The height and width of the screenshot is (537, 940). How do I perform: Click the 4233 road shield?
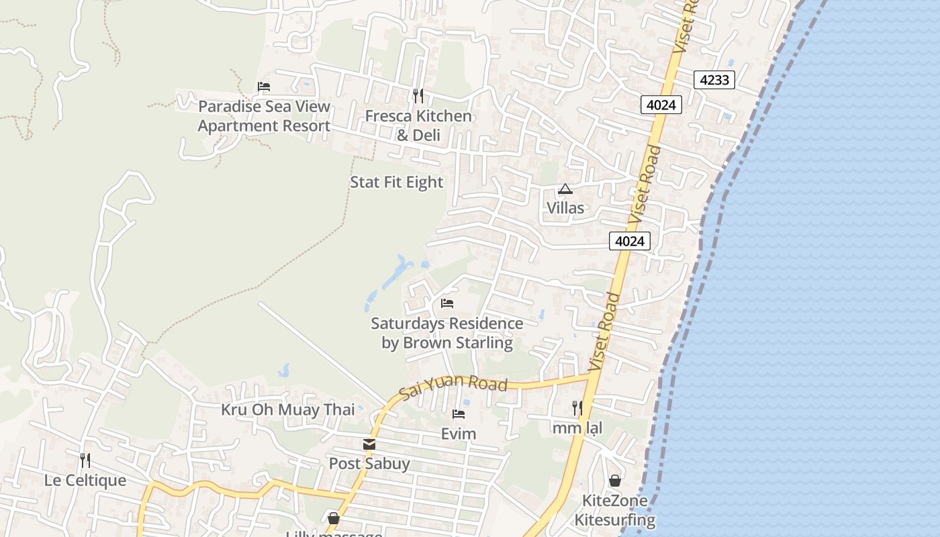714,81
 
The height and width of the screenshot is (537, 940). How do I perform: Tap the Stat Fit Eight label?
397,182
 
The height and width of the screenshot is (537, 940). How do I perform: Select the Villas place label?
565,208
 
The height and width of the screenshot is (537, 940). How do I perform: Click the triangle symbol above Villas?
565,189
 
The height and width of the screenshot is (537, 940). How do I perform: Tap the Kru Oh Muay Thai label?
288,409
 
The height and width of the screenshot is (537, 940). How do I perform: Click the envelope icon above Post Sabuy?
369,444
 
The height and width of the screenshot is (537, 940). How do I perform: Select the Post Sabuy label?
369,464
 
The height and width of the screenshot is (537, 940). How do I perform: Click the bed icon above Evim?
459,414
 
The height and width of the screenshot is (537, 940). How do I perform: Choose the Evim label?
459,434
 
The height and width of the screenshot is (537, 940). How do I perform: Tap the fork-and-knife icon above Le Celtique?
85,460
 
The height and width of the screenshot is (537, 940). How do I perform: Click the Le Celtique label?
85,481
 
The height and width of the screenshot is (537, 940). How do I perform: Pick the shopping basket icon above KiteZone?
614,481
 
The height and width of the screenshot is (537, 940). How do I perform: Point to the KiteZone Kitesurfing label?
614,510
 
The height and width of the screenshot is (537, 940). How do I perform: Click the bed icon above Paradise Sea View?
264,87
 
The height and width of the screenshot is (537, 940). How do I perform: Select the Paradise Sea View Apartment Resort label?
264,116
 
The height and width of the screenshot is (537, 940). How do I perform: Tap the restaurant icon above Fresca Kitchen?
418,96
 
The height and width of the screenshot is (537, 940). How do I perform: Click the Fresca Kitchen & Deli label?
418,126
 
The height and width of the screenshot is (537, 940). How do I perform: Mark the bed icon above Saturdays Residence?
447,303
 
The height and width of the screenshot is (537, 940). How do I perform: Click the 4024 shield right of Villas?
630,241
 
